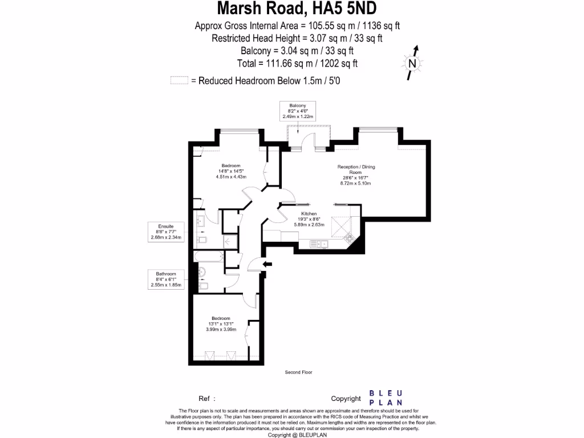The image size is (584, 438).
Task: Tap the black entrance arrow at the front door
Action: point(267,263)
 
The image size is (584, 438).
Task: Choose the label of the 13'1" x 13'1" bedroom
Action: point(221,324)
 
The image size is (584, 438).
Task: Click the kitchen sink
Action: point(319,244)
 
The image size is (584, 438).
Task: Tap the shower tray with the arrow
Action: point(230,242)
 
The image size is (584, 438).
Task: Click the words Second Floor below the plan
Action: point(298,372)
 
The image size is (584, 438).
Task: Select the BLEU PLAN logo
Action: point(387,398)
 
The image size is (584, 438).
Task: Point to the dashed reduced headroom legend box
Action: point(179,80)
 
